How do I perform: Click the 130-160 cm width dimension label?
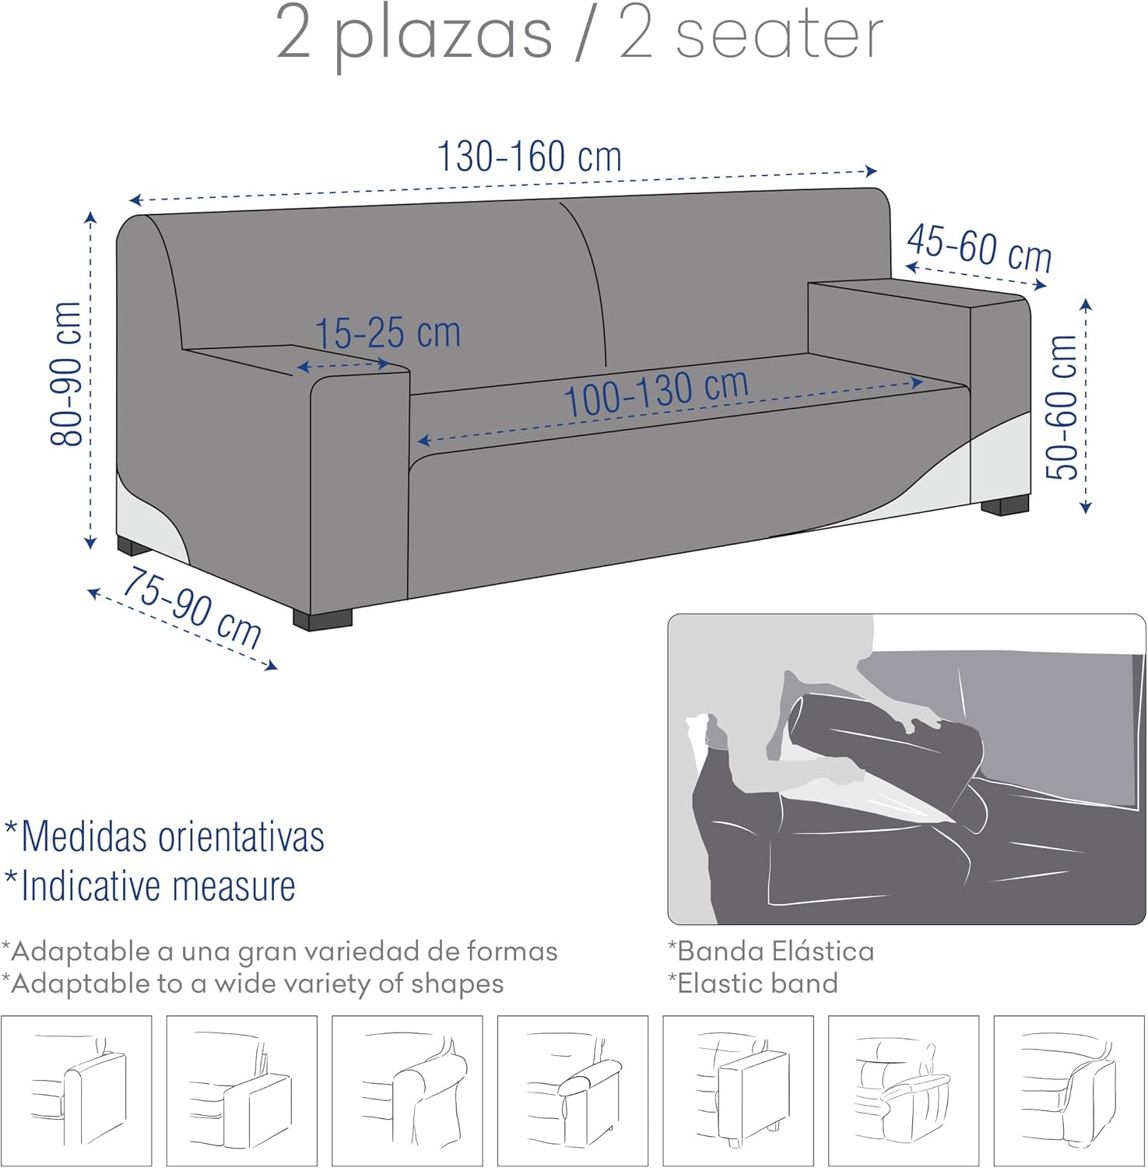point(529,157)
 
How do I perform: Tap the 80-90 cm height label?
point(67,374)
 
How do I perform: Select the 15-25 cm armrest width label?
point(388,332)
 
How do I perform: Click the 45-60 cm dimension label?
point(979,248)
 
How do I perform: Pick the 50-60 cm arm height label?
point(1062,406)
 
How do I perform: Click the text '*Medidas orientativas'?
point(164,836)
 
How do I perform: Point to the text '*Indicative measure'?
point(150,885)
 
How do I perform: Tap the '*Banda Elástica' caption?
point(771,951)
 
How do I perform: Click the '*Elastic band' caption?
point(753,983)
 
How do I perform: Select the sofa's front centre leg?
point(322,619)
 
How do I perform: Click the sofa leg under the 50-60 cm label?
point(1005,506)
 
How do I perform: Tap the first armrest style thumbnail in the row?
point(76,1091)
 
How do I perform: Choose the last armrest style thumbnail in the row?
point(1069,1091)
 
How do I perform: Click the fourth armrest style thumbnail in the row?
point(573,1091)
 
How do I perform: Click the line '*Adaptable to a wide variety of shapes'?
point(252,984)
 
